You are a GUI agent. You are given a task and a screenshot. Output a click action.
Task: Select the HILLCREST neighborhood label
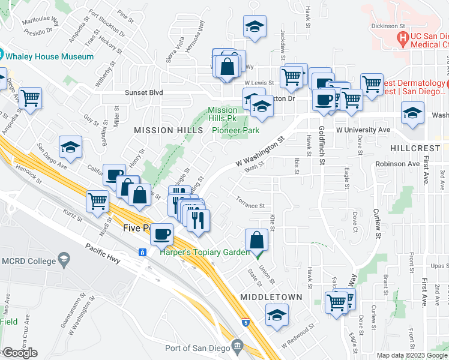coord(418,147)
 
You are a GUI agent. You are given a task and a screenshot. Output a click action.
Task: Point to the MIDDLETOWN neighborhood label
coord(265,297)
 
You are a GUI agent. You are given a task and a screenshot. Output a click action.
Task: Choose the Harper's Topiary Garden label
coord(205,252)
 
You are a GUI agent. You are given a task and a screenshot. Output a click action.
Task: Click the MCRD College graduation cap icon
coord(63,260)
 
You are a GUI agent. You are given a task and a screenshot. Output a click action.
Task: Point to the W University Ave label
coord(363,130)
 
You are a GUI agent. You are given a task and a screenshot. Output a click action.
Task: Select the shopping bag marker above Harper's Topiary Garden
coord(256,239)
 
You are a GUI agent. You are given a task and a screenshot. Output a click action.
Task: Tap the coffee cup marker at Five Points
coord(161,233)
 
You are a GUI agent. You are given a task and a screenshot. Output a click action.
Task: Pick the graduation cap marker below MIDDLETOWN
coord(277,314)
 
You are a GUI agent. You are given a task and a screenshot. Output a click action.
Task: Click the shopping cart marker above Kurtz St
coord(97,201)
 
